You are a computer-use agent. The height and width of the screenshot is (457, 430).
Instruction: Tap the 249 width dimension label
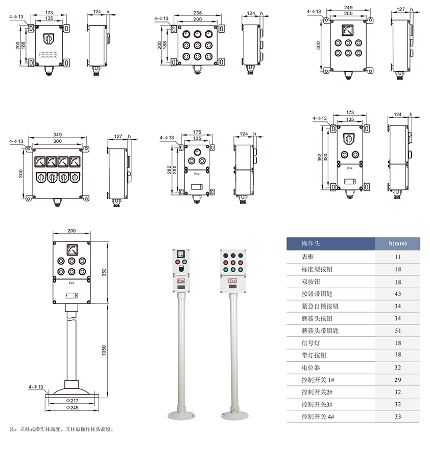(348, 8)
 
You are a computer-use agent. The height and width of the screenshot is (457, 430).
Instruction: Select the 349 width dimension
(57, 135)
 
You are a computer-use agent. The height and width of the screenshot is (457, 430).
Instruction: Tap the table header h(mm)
(397, 244)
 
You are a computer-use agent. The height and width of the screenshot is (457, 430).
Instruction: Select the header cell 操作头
(311, 244)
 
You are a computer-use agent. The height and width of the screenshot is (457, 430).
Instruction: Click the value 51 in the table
(398, 331)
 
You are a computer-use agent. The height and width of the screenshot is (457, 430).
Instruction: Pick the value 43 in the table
(398, 294)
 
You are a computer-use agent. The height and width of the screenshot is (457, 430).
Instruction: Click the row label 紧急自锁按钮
(320, 306)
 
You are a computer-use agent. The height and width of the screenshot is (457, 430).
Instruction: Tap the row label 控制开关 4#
(318, 417)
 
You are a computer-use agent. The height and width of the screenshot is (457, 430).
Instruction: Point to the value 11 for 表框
(398, 257)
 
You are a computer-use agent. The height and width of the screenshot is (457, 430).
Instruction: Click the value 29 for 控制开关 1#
(398, 380)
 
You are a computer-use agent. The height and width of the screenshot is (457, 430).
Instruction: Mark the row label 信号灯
(310, 343)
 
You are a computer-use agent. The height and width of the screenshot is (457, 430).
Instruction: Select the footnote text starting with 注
(61, 429)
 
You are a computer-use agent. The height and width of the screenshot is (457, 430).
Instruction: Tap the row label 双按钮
(310, 281)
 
